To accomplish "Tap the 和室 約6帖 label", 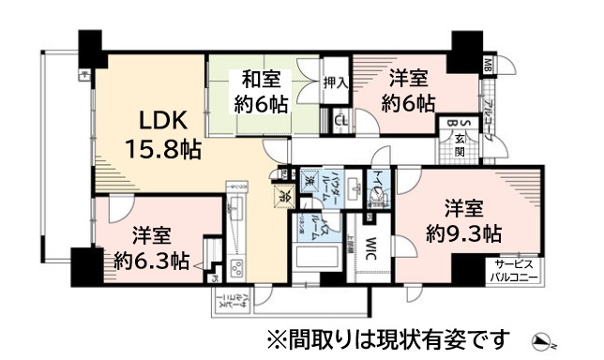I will coord(262,91).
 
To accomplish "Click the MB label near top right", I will coord(488,64).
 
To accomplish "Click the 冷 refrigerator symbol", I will coord(283,197).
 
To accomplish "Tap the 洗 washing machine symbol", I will coord(308,176).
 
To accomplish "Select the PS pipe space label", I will coord(215,276).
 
